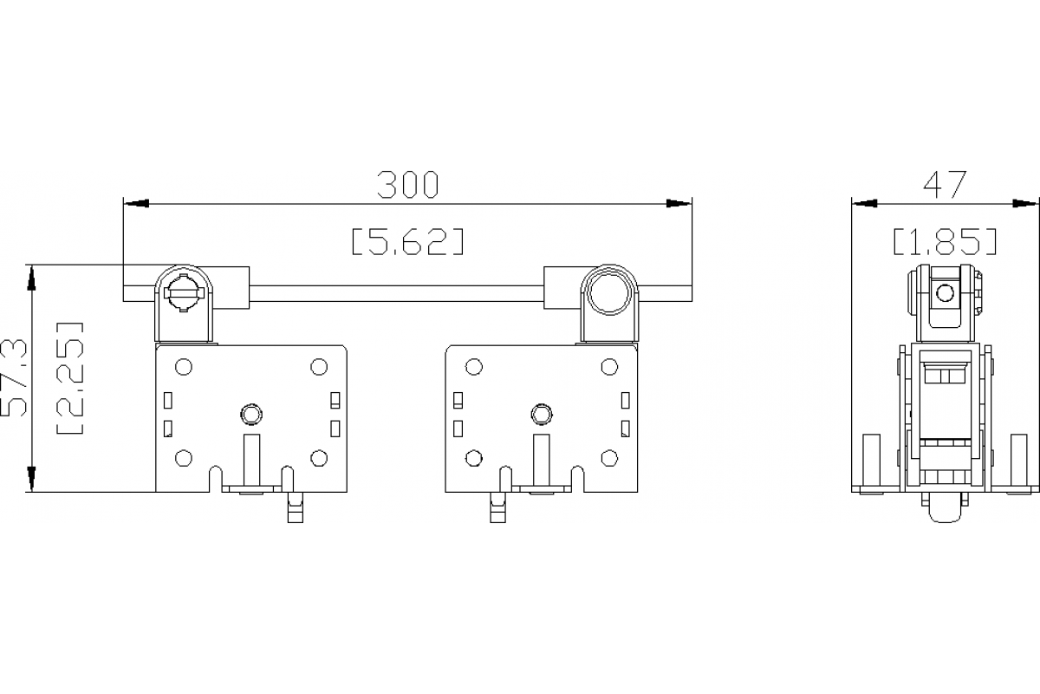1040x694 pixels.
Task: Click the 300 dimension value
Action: pyautogui.click(x=408, y=184)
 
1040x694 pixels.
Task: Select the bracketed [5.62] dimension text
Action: pyautogui.click(x=407, y=241)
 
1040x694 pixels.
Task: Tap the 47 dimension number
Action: pyautogui.click(x=945, y=184)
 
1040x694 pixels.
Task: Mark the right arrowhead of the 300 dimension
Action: pyautogui.click(x=679, y=204)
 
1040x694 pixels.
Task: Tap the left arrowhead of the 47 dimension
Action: pyautogui.click(x=864, y=204)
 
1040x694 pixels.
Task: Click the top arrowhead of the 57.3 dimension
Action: pyautogui.click(x=32, y=277)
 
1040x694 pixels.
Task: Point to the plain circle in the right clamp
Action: pyautogui.click(x=608, y=293)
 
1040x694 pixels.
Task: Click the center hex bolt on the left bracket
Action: pyautogui.click(x=251, y=414)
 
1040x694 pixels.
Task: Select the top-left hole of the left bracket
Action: pyautogui.click(x=183, y=367)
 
